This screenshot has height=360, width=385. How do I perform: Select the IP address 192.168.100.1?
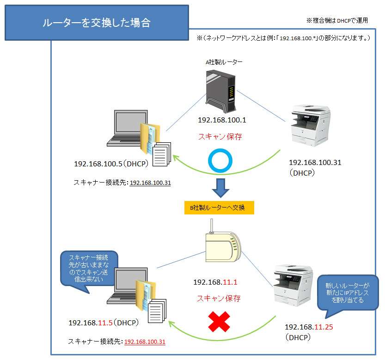coord(222,120)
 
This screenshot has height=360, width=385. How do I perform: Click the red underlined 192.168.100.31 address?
coord(145,342)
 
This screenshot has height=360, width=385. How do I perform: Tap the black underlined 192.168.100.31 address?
coord(150,183)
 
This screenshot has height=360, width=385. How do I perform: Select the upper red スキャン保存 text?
coord(220,137)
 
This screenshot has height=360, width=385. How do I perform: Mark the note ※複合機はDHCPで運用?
coord(340,21)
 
